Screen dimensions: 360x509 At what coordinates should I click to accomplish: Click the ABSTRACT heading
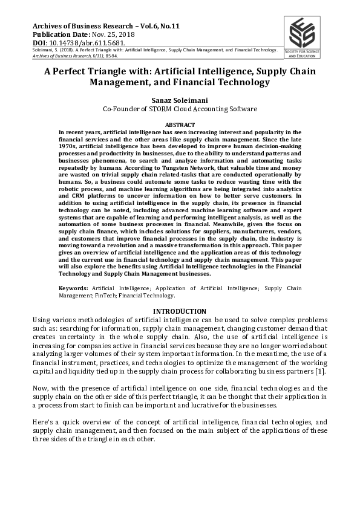(180, 125)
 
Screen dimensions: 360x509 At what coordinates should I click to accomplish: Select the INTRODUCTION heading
(180, 311)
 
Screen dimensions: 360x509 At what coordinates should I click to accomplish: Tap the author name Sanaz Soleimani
(180, 99)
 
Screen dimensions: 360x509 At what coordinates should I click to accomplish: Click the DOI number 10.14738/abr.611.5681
(85, 44)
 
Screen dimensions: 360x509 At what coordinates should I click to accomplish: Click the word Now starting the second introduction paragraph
(39, 387)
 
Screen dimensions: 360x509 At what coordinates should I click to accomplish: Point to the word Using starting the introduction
(42, 320)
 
